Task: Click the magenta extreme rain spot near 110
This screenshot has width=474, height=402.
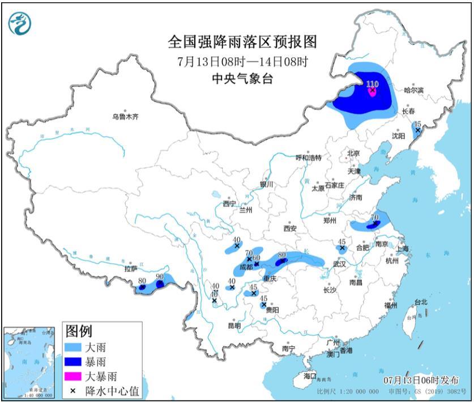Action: [x=372, y=91]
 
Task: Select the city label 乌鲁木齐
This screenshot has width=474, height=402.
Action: [x=125, y=117]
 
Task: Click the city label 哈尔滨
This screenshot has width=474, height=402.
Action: [x=414, y=90]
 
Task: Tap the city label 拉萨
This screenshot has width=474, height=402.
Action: [x=131, y=269]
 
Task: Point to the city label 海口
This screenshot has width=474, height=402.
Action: [x=309, y=375]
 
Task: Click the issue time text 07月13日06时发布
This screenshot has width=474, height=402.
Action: [x=420, y=380]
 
